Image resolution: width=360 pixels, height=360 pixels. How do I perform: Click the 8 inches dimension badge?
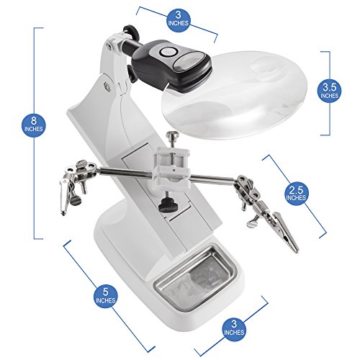[34, 125]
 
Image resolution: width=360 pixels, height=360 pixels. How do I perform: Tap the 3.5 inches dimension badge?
[329, 91]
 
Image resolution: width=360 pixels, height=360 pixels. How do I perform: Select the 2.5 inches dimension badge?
[296, 194]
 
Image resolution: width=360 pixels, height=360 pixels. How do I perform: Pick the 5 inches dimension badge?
[106, 296]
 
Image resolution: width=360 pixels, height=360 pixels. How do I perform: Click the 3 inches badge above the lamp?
[179, 19]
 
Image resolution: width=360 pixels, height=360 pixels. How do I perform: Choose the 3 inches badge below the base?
[234, 328]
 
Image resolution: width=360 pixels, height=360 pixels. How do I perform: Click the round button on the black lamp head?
[168, 52]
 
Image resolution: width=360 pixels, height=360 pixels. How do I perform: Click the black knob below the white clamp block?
[168, 205]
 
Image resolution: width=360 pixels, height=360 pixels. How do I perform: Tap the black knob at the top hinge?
[132, 32]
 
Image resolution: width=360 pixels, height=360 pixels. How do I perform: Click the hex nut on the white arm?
[107, 86]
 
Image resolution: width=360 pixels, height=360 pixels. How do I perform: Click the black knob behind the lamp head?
[130, 73]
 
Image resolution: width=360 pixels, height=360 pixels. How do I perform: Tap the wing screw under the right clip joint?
[253, 222]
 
